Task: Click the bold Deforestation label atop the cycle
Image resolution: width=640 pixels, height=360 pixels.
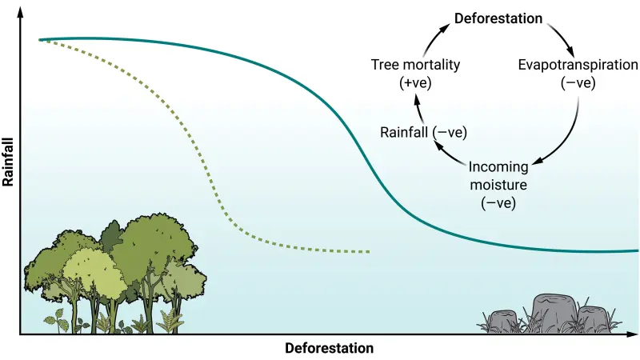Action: click(x=498, y=18)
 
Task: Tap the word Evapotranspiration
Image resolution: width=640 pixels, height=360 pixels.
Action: click(x=578, y=65)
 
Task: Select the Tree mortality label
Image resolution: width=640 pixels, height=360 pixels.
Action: click(x=415, y=65)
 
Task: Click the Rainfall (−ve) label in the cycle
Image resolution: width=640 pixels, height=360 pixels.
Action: click(x=423, y=132)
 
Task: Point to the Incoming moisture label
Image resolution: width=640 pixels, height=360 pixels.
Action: click(x=498, y=175)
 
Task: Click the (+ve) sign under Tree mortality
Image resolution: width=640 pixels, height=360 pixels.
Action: click(x=415, y=83)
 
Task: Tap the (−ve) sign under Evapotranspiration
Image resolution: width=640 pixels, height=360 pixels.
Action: click(x=578, y=83)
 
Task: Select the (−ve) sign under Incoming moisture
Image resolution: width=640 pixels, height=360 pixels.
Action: click(x=498, y=203)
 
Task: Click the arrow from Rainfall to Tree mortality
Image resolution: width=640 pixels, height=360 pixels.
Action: click(x=418, y=109)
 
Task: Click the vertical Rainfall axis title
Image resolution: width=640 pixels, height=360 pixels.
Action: click(x=8, y=162)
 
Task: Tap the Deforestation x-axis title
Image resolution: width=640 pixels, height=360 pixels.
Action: click(x=329, y=348)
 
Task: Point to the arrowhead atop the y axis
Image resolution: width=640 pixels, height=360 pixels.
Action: click(x=20, y=11)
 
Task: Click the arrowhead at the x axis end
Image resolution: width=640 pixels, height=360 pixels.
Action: click(x=632, y=334)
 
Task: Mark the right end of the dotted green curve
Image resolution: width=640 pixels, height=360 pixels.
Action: click(x=369, y=251)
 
